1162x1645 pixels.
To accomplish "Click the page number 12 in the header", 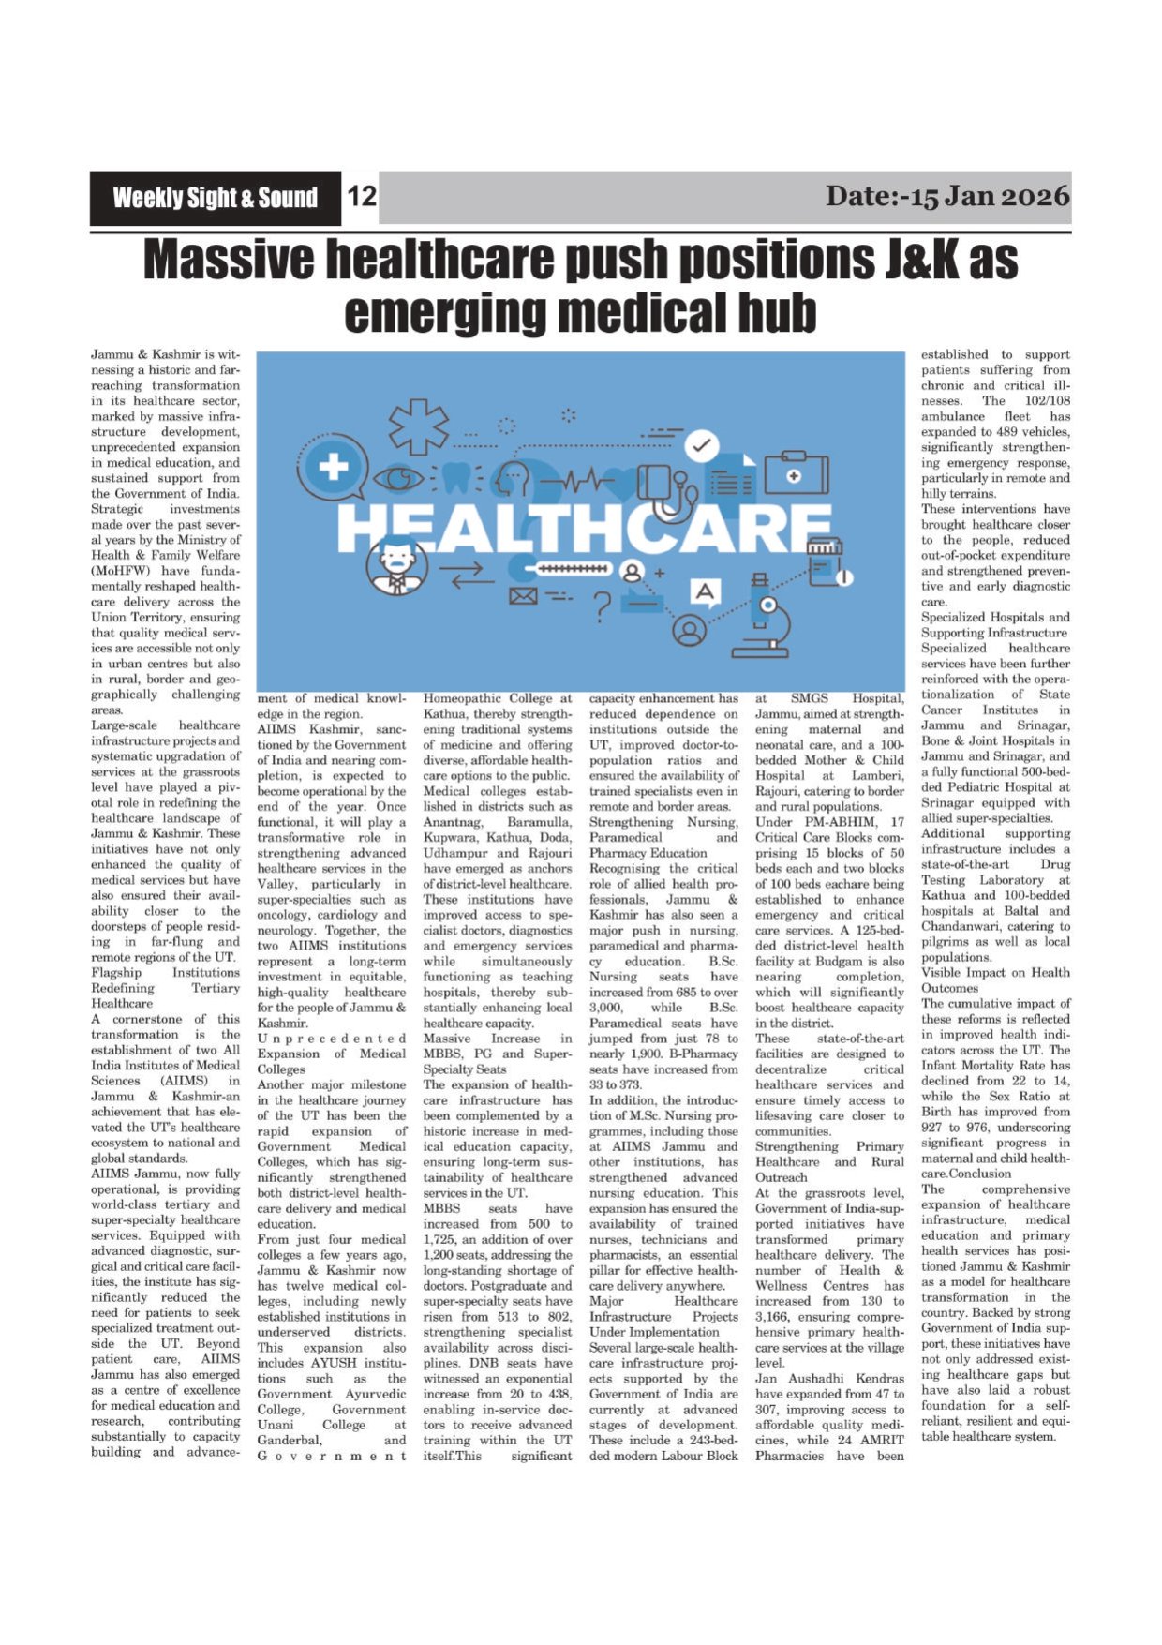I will pos(362,196).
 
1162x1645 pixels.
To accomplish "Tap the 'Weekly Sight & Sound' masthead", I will pos(215,198).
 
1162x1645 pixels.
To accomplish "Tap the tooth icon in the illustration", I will pos(457,478).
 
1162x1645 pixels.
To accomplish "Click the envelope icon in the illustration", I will pos(523,595).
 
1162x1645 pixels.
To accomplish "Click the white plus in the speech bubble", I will pos(334,466).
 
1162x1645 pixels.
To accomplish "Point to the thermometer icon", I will pos(570,569).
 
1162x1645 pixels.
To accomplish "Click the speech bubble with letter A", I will pos(705,592).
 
